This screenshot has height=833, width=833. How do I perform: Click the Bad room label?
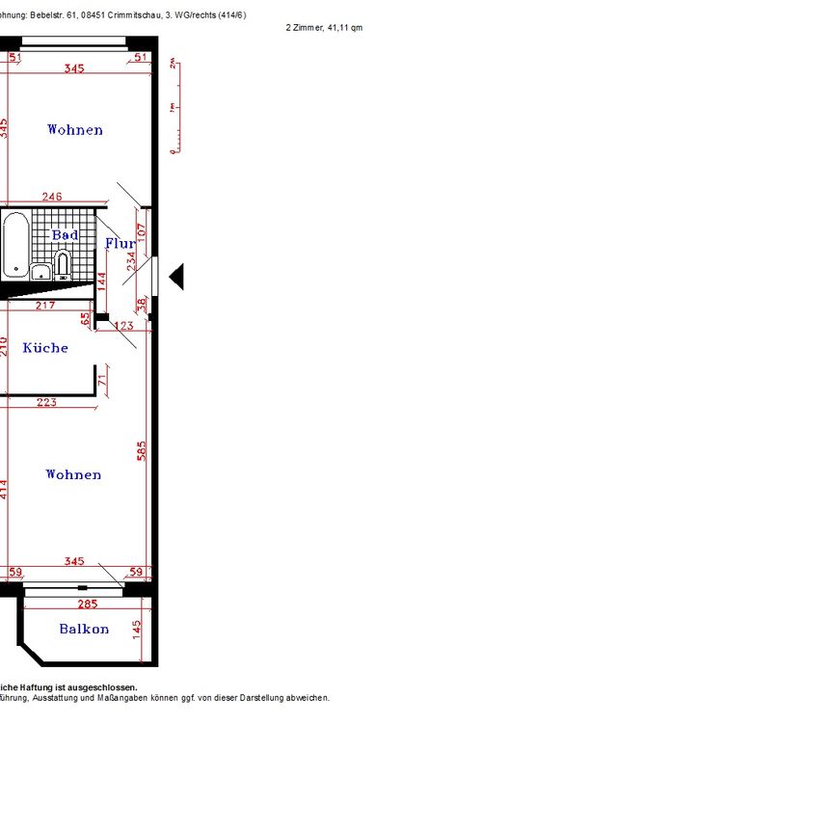point(66,235)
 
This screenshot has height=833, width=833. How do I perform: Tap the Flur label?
point(120,244)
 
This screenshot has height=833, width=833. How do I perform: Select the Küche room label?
point(45,348)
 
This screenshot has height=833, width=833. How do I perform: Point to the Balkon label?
point(84,630)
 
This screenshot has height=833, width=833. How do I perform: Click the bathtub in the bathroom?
point(14,244)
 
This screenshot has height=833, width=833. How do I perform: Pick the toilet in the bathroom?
point(63,264)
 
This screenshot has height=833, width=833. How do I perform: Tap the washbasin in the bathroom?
point(40,273)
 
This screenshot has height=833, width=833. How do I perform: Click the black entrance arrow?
point(175,278)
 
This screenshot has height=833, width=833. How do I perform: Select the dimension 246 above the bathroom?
point(52,197)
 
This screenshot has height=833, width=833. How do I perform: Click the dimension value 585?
point(142,452)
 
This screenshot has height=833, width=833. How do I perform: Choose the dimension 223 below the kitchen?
point(46,402)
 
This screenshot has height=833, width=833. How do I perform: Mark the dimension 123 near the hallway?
point(123,326)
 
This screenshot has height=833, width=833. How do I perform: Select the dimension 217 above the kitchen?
point(44,306)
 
